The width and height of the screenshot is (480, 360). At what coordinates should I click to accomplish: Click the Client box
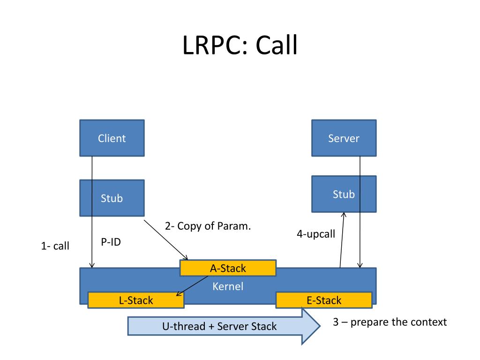[x=112, y=138]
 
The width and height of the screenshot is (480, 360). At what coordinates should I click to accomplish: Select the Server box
[x=344, y=138]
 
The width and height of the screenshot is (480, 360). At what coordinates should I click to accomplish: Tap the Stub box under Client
[x=112, y=198]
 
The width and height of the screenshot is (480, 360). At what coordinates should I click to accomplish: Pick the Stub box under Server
[x=344, y=194]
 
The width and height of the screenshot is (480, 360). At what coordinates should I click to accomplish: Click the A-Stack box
[x=228, y=268]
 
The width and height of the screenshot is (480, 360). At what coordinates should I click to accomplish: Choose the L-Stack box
[x=136, y=300]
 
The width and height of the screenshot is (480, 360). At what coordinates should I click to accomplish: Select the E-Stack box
[x=324, y=300]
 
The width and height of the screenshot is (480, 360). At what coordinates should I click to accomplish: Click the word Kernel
[x=228, y=286]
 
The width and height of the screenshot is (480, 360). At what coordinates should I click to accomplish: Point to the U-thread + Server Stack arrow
[x=224, y=326]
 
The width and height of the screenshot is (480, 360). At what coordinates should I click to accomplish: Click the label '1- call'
[x=55, y=246]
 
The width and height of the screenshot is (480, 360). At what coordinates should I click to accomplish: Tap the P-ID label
[x=111, y=242]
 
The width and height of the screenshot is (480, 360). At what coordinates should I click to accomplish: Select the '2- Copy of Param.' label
[x=208, y=226]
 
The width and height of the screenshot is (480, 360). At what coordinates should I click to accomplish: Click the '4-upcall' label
[x=316, y=234]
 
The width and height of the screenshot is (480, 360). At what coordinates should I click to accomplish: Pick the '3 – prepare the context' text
[x=390, y=322]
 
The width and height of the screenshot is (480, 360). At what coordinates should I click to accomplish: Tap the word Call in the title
[x=276, y=45]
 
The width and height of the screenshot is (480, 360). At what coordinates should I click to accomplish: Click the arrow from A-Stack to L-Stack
[x=192, y=286]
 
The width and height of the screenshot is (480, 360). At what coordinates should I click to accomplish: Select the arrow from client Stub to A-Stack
[x=166, y=240]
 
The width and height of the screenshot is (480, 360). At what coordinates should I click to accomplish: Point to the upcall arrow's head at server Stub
[x=344, y=215]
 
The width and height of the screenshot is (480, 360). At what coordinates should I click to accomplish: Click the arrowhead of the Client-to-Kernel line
[x=92, y=265]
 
